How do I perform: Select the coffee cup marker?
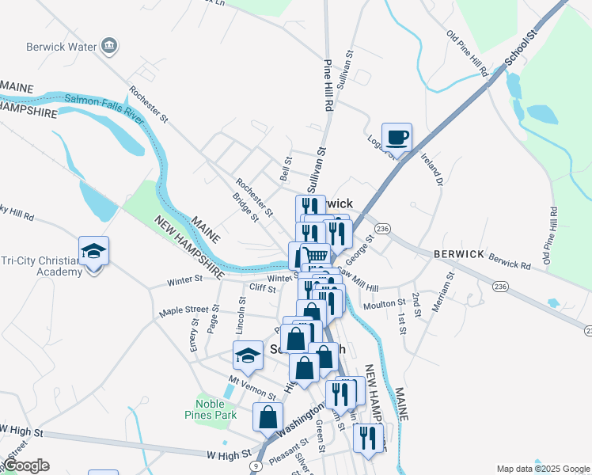397,137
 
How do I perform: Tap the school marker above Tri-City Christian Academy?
93,251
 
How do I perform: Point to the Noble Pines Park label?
216,409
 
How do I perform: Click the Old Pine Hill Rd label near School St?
468,54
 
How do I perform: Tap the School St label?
521,47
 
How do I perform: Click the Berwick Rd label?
508,259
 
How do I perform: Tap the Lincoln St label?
243,316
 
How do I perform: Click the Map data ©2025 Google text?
542,469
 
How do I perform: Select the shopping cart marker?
316,256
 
